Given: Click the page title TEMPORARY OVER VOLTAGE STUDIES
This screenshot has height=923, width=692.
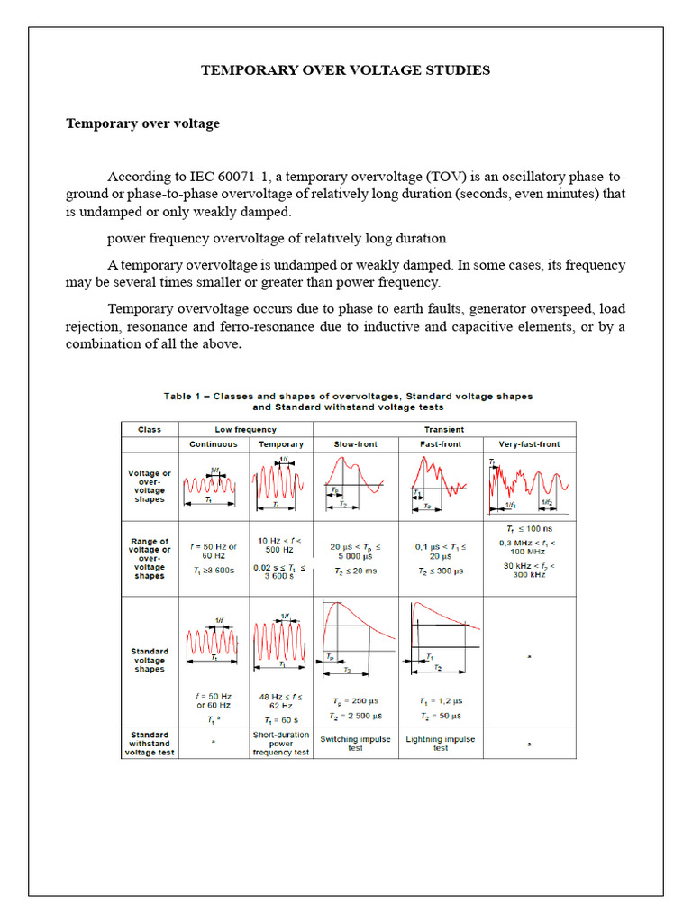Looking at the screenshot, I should click(x=345, y=70).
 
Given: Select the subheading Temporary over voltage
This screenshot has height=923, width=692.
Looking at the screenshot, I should click(x=142, y=123).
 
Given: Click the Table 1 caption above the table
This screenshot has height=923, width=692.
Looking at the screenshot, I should click(x=347, y=401).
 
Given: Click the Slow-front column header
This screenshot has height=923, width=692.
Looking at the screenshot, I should click(x=355, y=444).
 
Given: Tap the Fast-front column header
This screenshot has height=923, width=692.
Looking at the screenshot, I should click(x=441, y=444).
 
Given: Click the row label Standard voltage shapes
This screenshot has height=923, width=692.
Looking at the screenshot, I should click(x=150, y=661).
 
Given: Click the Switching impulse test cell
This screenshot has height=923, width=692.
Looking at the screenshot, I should click(x=355, y=744).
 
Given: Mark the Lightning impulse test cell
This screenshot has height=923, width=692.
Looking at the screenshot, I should click(x=441, y=744).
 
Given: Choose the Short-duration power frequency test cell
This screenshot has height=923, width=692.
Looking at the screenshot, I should click(x=281, y=744).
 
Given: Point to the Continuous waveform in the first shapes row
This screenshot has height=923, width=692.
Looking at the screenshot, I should click(x=210, y=486).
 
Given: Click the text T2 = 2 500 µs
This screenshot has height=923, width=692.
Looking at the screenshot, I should click(x=355, y=715).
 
